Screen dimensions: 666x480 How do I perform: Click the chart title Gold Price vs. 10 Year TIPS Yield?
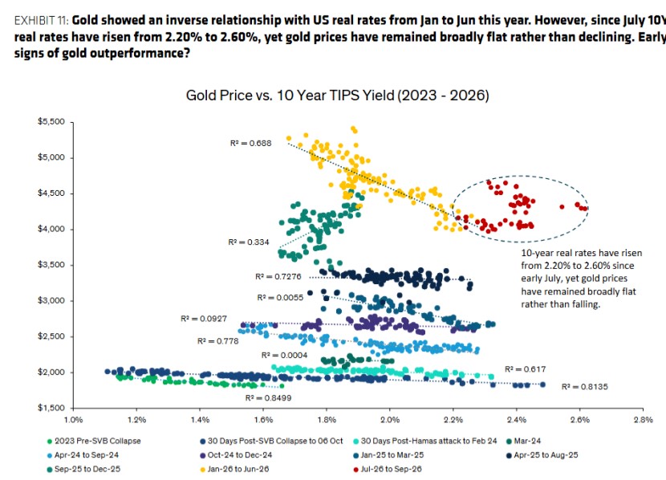(337, 96)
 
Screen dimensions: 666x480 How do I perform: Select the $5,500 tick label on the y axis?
(51, 122)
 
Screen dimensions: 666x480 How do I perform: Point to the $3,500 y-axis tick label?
(51, 265)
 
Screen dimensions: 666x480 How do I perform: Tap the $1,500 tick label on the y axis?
(51, 409)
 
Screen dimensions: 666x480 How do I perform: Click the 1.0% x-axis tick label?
(74, 420)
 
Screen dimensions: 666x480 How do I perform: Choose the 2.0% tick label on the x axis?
(390, 420)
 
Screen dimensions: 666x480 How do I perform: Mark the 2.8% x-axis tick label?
(643, 420)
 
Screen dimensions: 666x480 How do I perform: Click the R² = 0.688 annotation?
(250, 143)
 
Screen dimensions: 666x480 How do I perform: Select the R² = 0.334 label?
(249, 242)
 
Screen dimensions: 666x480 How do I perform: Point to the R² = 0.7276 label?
(278, 277)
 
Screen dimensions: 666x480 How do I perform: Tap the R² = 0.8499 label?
(269, 398)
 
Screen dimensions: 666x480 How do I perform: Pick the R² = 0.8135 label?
(585, 387)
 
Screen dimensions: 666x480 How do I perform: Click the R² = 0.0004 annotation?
(284, 355)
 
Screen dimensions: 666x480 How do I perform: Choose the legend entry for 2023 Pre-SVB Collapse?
(94, 441)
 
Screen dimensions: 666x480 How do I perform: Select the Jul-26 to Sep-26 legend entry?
(388, 470)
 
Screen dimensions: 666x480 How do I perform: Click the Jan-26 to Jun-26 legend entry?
(234, 470)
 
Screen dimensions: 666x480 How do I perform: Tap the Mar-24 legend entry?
(524, 441)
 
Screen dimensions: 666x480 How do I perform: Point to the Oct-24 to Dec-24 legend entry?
(236, 455)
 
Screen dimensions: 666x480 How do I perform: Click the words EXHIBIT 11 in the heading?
(41, 20)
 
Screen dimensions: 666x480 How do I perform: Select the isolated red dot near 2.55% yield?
(562, 207)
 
